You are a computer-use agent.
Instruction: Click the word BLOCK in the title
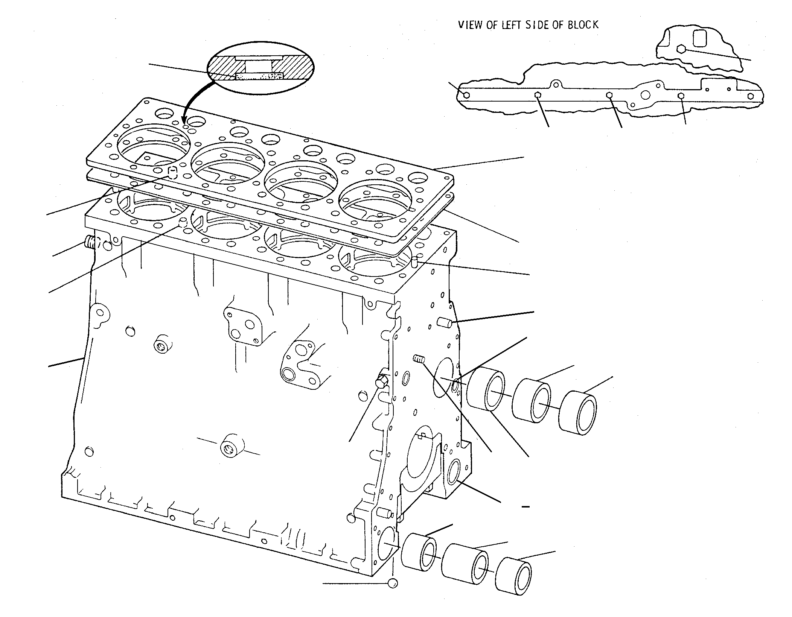583,25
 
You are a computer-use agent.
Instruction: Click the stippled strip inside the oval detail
259,76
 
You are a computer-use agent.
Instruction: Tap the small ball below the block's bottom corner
393,593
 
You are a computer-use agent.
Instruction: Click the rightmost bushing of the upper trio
577,413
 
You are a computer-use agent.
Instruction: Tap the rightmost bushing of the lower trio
513,583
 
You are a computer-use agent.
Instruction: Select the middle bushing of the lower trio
465,568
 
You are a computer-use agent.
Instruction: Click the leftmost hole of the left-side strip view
466,95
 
